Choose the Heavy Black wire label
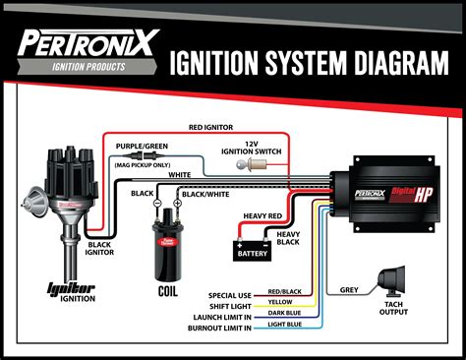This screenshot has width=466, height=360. pos(288,237)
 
